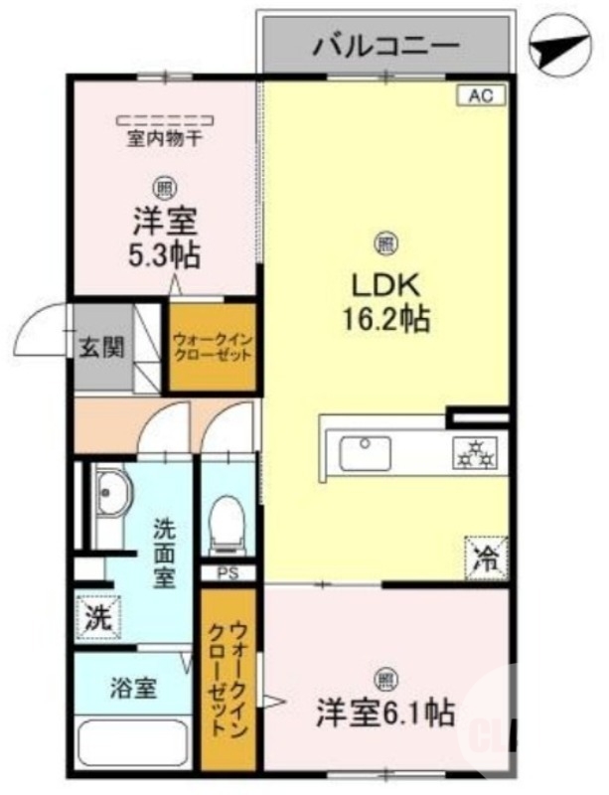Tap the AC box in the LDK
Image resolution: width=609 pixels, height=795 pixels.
point(481,96)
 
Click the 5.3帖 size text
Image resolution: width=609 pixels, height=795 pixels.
point(165,254)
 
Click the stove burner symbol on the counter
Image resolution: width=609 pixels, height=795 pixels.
point(475,455)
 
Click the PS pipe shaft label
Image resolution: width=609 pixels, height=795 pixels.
point(228,573)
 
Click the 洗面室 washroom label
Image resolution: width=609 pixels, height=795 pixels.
point(164,553)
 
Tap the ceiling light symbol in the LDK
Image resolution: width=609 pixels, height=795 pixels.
point(385,241)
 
